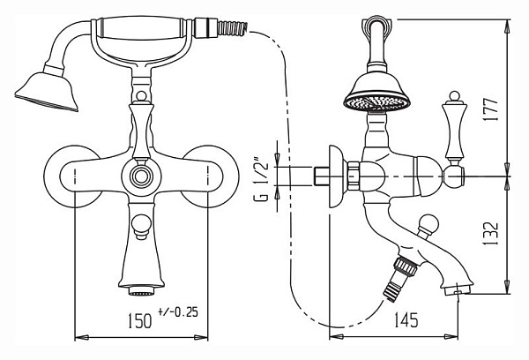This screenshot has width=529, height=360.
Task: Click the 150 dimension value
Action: [x=139, y=320]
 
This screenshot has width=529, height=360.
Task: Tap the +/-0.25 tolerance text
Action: [x=178, y=311]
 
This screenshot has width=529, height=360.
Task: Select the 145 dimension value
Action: [x=406, y=319]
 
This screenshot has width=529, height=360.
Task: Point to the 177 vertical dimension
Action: [x=490, y=110]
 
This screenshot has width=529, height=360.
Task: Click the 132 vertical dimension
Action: [x=490, y=233]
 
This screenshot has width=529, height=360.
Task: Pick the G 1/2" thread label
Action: [x=261, y=178]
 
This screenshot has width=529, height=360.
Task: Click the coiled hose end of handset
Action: [x=233, y=28]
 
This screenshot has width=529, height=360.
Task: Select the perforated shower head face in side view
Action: [x=376, y=102]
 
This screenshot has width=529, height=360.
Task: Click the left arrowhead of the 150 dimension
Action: [x=82, y=337]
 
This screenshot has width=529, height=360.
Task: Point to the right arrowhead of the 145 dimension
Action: [x=451, y=337]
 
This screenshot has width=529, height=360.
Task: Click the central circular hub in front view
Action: [x=141, y=176]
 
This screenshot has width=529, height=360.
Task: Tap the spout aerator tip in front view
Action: [x=141, y=290]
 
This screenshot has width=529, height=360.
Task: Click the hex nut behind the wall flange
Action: [x=354, y=176]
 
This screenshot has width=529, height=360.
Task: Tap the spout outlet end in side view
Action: [x=458, y=290]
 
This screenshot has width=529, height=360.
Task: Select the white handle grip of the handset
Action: [x=141, y=28]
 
